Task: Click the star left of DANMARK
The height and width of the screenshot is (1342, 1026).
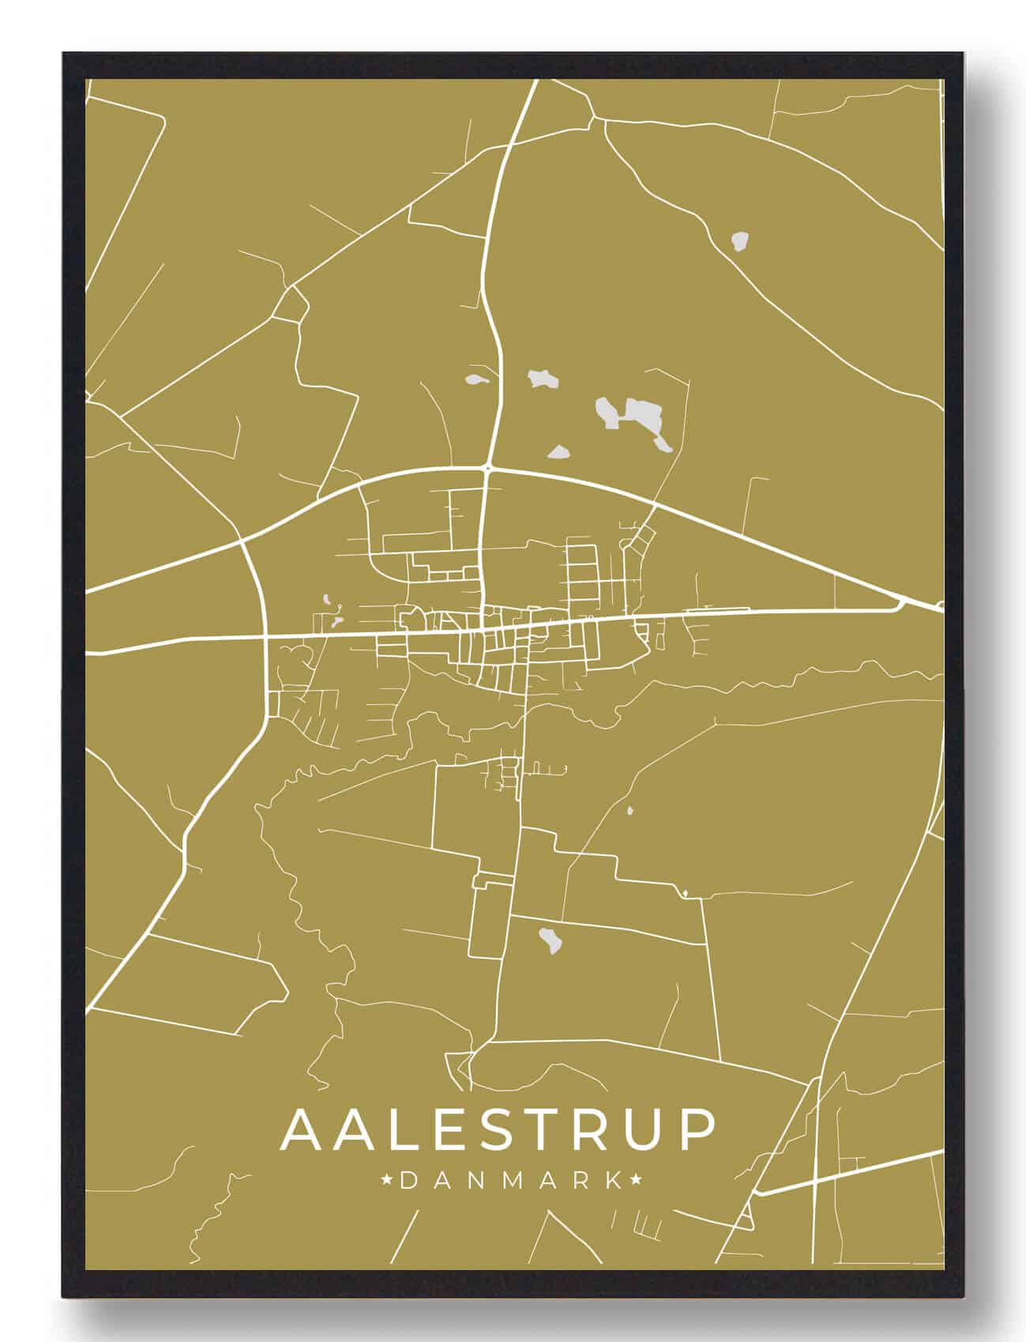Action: click(387, 1181)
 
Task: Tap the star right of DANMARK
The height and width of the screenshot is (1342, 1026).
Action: click(637, 1181)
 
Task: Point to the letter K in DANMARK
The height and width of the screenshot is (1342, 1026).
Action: click(614, 1181)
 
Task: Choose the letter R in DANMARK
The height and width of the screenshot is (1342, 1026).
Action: click(581, 1181)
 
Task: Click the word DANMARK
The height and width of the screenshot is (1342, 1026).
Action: click(511, 1181)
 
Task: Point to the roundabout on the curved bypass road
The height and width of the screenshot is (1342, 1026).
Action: click(488, 469)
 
